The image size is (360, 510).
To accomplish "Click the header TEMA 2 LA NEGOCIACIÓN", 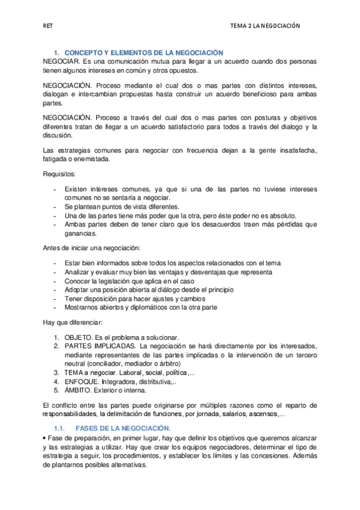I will click(x=265, y=26).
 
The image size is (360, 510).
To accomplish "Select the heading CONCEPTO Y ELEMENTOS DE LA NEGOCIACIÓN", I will click(x=144, y=54).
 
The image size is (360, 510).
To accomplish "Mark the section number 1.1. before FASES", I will click(x=59, y=428).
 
